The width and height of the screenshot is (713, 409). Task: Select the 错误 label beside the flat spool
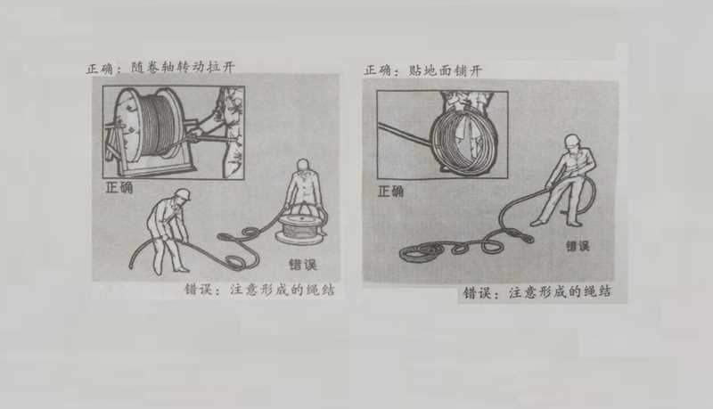coord(302,265)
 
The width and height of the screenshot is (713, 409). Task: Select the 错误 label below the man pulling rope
coord(577,246)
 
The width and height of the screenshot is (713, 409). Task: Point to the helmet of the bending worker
coord(183,194)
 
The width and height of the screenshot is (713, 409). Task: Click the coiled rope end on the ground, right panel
coord(418,253)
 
